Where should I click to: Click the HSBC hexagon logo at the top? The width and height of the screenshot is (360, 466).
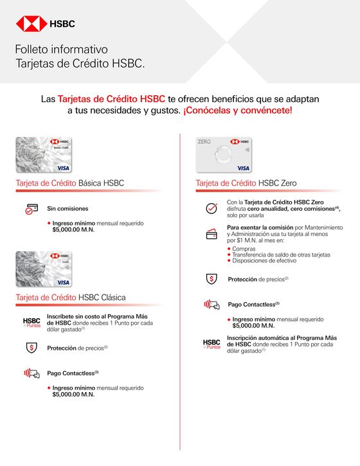tap(28, 24)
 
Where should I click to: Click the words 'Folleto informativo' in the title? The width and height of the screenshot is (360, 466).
tap(61, 49)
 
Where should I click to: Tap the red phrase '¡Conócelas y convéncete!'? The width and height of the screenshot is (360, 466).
tap(237, 111)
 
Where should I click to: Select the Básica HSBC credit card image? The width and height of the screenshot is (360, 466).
tap(44, 155)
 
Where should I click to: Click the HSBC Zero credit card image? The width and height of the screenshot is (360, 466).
tap(224, 155)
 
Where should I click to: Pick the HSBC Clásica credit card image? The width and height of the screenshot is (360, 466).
tap(44, 269)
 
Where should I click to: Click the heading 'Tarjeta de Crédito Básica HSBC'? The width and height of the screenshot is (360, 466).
tap(69, 183)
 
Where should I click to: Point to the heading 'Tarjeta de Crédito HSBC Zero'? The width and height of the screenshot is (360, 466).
tap(246, 183)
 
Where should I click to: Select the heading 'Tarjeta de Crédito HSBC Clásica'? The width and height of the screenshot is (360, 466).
tap(71, 297)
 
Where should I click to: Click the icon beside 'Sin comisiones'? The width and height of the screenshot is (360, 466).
tap(32, 209)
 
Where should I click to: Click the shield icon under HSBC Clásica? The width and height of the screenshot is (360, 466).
tap(32, 348)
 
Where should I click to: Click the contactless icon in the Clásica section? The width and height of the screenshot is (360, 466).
tap(32, 373)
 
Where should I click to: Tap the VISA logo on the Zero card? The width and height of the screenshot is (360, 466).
tap(243, 168)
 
